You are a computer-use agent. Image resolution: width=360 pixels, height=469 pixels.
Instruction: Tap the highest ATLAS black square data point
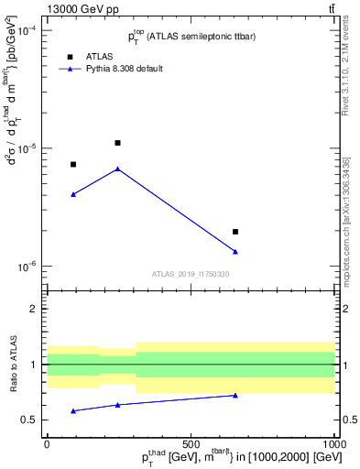pos(117,143)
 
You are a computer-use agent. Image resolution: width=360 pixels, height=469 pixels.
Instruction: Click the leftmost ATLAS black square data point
pos(73,164)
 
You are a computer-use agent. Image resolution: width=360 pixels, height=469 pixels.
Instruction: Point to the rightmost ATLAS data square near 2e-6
pos(235,232)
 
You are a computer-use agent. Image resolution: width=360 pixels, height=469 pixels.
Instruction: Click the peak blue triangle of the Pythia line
pos(117,169)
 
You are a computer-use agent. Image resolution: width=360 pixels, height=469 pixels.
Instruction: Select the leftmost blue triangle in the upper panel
pos(73,194)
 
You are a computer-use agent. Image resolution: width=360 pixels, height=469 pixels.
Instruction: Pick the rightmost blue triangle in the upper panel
pos(235,251)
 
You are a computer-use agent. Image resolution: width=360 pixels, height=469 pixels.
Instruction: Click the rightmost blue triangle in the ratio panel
pos(235,396)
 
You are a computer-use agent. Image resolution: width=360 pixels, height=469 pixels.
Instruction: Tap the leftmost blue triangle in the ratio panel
pos(73,410)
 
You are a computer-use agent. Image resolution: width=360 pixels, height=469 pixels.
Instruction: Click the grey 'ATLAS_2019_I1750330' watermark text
pos(191,274)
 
